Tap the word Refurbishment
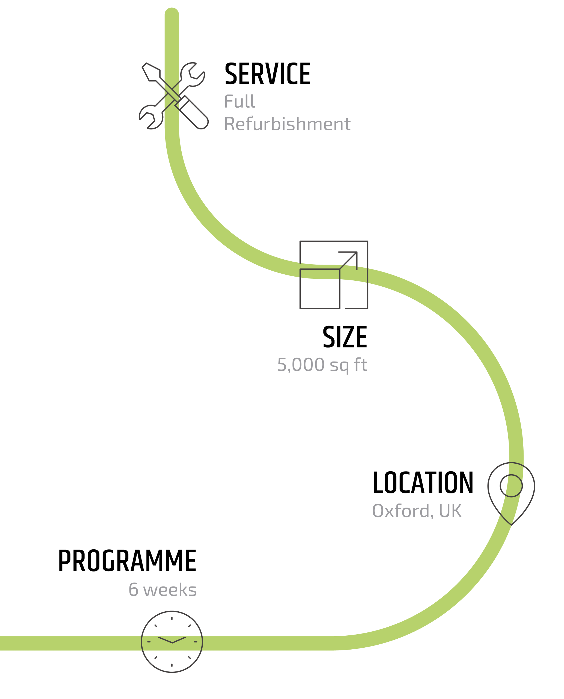pyautogui.click(x=287, y=124)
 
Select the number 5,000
pyautogui.click(x=300, y=365)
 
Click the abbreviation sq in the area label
pyautogui.click(x=339, y=366)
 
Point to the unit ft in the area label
pyautogui.click(x=361, y=365)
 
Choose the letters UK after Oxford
pyautogui.click(x=450, y=511)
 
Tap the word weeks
pyautogui.click(x=170, y=590)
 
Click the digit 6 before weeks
pyautogui.click(x=134, y=590)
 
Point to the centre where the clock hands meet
pyautogui.click(x=172, y=642)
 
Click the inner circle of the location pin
pyautogui.click(x=511, y=485)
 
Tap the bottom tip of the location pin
pyautogui.click(x=511, y=524)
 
